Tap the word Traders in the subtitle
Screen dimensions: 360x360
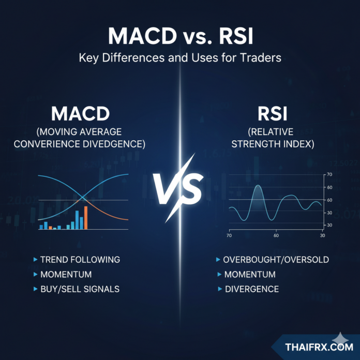(257, 57)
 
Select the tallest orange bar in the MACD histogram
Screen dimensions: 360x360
(86, 218)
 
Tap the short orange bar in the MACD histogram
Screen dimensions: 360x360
(50, 227)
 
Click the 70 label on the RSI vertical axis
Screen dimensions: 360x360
(329, 175)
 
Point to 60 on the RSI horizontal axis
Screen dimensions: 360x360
(276, 236)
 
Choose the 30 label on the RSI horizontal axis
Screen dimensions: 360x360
(322, 236)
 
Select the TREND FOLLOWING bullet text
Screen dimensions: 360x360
(80, 259)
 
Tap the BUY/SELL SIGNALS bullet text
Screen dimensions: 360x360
(80, 289)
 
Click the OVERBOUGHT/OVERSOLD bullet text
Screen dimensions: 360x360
(276, 259)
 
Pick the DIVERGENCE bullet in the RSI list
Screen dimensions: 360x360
(251, 289)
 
